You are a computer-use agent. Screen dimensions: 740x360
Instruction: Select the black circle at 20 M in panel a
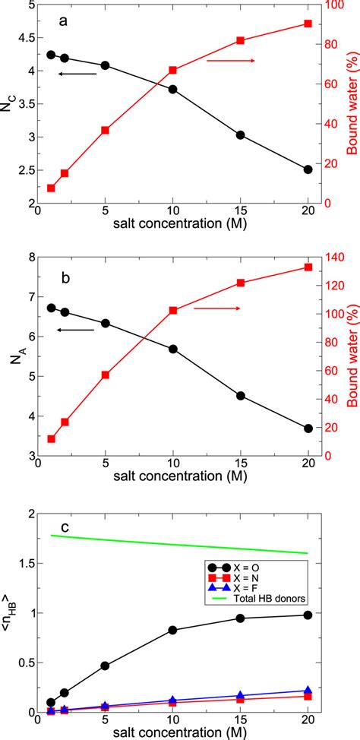coord(308,148)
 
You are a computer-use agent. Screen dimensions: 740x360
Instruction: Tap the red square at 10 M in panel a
coord(172,70)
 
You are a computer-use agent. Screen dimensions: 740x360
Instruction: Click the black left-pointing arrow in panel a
coord(77,74)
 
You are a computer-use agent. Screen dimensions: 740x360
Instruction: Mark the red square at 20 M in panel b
coord(308,267)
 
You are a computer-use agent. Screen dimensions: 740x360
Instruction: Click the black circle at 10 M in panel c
coord(172,630)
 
